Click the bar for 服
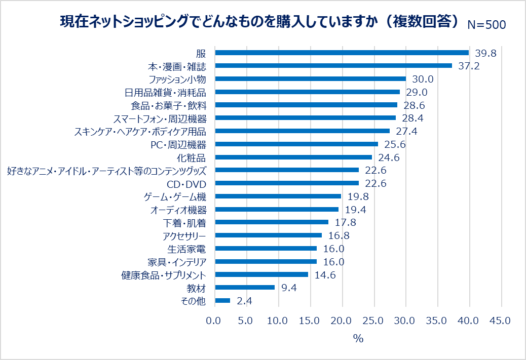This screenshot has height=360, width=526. [342, 53]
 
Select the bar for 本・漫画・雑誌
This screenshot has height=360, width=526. [333, 66]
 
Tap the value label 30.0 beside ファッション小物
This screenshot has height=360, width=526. [423, 79]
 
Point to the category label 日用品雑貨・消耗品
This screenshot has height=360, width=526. [168, 92]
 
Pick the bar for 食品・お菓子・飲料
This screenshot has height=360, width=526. [306, 105]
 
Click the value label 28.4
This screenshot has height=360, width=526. [412, 118]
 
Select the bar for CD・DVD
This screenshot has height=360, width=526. [287, 183]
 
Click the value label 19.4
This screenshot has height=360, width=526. [355, 210]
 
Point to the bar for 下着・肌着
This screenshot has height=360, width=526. [272, 222]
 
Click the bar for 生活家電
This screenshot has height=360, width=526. [266, 249]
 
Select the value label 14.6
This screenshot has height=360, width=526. [325, 275]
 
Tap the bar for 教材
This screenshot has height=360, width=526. [245, 288]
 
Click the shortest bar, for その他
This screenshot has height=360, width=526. [222, 301]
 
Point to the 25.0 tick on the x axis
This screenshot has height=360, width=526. [373, 321]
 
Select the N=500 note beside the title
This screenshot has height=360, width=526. [486, 25]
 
